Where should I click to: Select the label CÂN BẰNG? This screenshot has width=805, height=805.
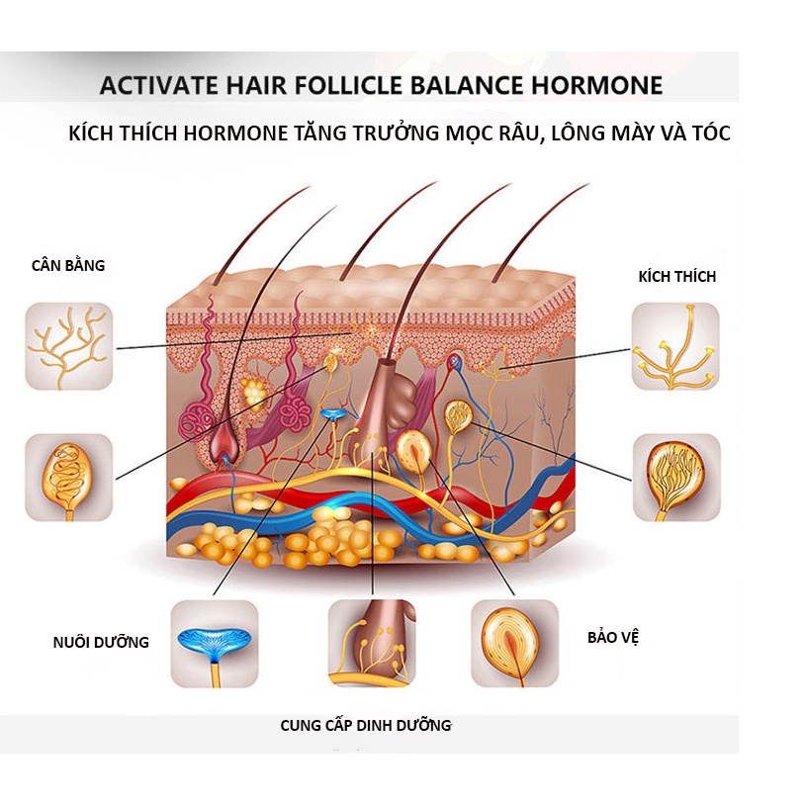(x=67, y=265)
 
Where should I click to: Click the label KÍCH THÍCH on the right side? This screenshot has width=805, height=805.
(x=676, y=277)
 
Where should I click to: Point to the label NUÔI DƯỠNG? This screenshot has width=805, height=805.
(x=101, y=642)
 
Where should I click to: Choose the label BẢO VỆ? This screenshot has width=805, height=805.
(x=613, y=637)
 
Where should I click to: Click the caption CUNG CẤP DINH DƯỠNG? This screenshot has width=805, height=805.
(x=365, y=725)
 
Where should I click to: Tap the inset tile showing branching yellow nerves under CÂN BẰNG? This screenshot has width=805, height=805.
(x=69, y=346)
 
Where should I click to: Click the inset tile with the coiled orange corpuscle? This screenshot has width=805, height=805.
(x=69, y=478)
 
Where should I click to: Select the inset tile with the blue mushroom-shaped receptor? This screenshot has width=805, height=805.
(x=215, y=643)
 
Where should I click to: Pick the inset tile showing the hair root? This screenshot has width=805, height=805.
(x=372, y=643)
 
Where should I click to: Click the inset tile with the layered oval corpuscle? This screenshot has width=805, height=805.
(x=513, y=643)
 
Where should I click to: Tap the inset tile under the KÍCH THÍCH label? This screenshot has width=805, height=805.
(x=675, y=346)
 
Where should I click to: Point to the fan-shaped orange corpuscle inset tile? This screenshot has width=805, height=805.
(x=676, y=478)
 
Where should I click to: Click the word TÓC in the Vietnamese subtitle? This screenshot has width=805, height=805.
(x=708, y=134)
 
